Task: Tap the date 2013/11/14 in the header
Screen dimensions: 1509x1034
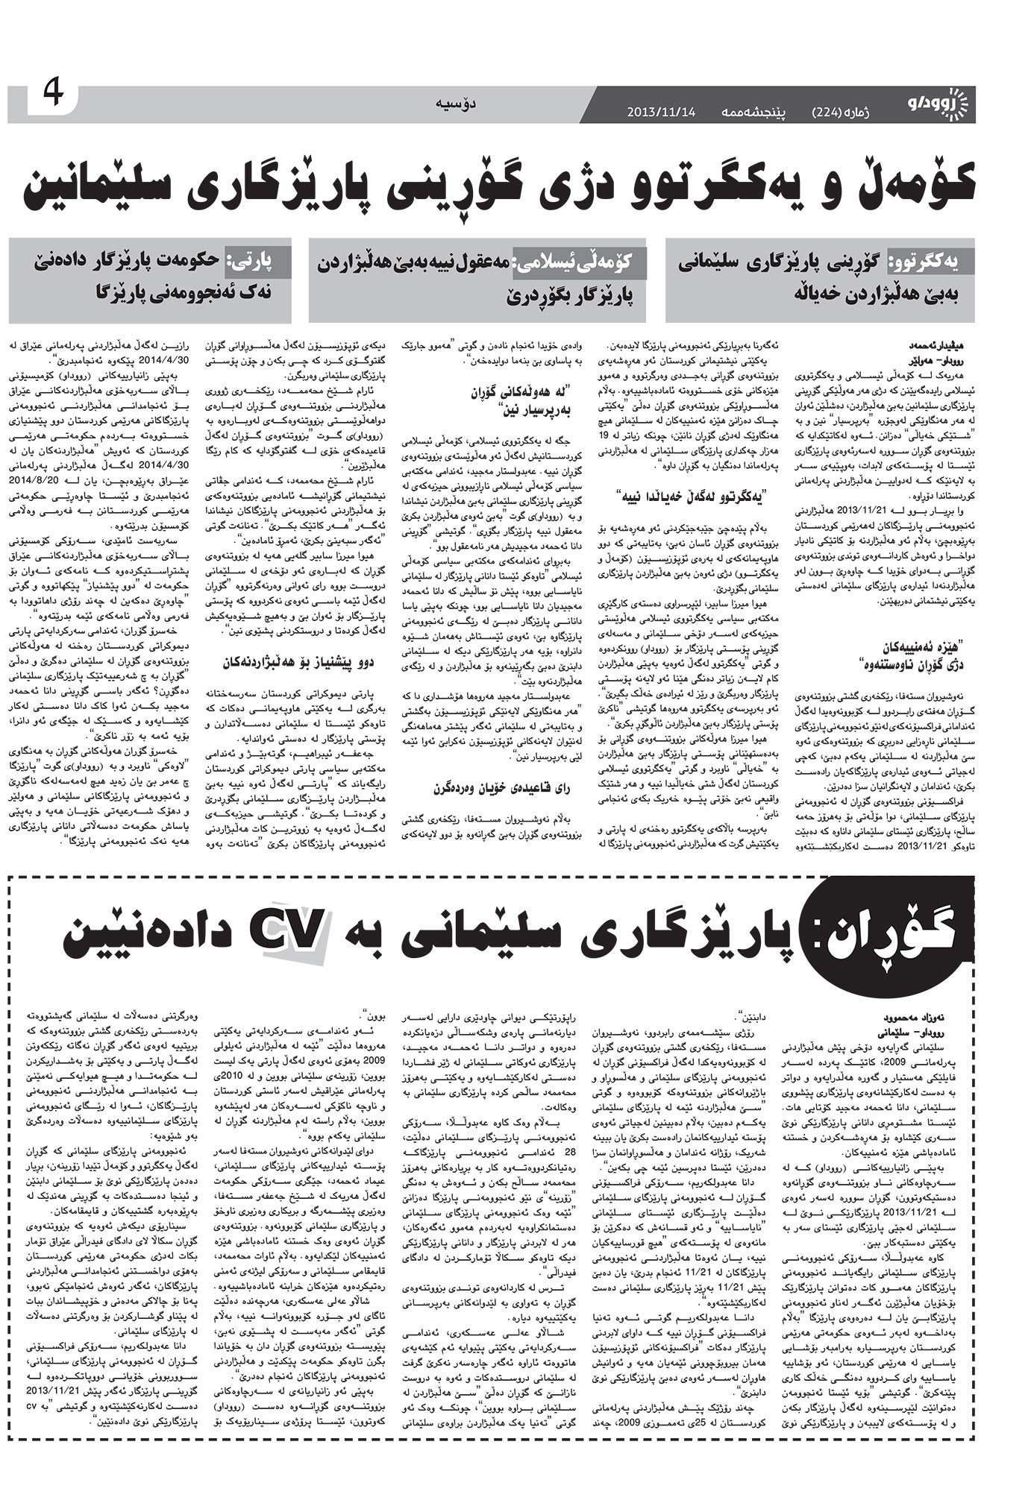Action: (x=661, y=112)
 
